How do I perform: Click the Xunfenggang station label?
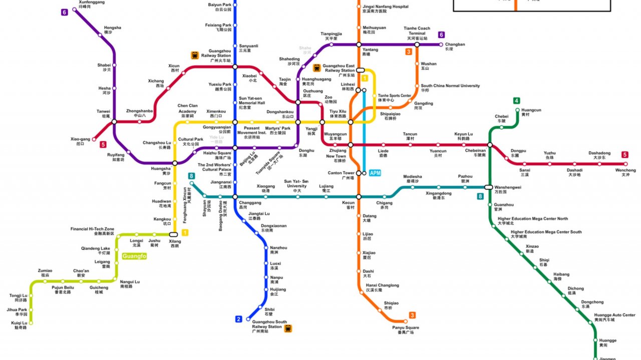[92, 5]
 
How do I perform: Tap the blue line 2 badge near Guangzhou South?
[239, 319]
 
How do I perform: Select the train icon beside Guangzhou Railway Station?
[195, 56]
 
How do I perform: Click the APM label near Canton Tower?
[375, 173]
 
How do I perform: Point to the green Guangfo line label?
[134, 256]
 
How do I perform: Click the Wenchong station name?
[625, 172]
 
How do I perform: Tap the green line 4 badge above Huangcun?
[516, 101]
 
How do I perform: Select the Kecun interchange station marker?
[359, 197]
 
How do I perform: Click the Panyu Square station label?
[406, 330]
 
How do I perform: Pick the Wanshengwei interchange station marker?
[488, 187]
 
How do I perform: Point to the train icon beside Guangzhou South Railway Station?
[288, 328]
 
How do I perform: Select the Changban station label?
[455, 47]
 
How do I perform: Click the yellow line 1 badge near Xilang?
[185, 232]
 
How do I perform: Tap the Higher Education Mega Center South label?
[546, 234]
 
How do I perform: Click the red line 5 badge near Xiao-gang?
[103, 145]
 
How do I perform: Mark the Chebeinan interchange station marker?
[490, 145]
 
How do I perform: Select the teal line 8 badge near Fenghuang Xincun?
[191, 176]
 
